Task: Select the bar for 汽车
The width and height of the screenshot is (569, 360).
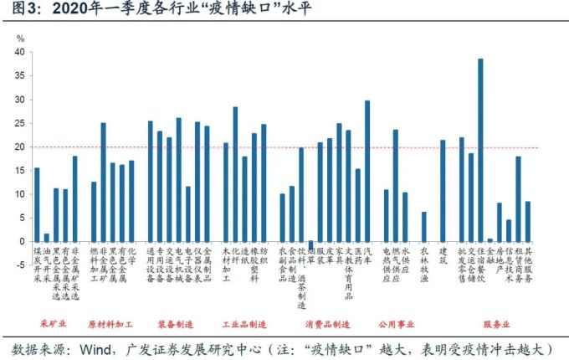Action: (x=367, y=171)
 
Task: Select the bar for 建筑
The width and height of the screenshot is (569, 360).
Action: (x=443, y=190)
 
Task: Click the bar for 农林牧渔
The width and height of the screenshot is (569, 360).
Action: (x=423, y=226)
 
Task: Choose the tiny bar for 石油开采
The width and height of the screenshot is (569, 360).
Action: (x=46, y=237)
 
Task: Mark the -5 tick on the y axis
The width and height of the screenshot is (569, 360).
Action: (x=18, y=265)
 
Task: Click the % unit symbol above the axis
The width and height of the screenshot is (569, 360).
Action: (x=22, y=39)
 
